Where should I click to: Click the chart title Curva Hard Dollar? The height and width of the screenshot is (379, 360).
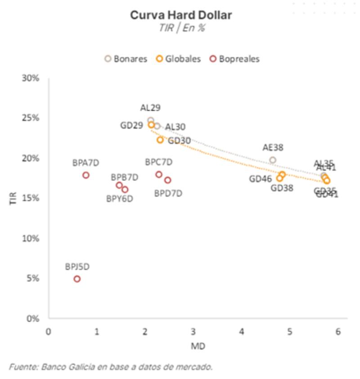pos(181,15)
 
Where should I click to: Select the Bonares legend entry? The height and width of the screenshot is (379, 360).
pos(126,59)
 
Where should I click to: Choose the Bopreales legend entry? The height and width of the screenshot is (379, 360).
pos(234,59)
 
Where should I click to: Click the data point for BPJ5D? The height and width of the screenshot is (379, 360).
pos(77,279)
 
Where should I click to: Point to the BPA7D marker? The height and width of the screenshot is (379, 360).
pos(85,175)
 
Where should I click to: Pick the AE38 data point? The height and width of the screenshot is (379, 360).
pos(272,160)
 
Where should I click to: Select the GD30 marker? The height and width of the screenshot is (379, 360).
pos(160,140)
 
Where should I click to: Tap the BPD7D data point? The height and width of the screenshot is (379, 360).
pos(167,180)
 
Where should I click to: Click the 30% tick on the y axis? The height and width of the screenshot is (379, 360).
pos(31,78)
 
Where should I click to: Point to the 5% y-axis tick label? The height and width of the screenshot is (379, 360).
pos(34,279)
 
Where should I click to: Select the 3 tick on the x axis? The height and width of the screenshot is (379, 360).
pos(193,332)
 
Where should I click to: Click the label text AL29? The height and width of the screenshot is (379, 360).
pos(150,108)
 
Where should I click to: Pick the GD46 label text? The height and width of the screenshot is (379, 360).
pos(261,179)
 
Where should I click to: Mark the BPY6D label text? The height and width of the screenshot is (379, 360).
pos(119,199)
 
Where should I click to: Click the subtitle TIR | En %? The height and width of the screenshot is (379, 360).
pos(181,27)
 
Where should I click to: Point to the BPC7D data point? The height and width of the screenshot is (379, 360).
pos(159,175)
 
